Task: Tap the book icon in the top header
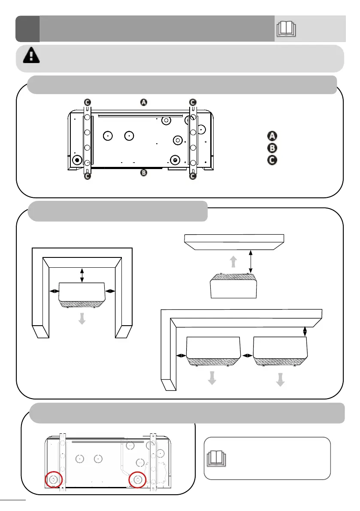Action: coord(287,29)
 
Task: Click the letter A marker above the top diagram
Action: coord(144,102)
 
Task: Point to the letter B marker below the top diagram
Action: coord(144,173)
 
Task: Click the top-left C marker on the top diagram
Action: coord(87,102)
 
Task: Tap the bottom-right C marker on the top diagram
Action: coord(193,176)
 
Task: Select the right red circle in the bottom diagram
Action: coord(138,479)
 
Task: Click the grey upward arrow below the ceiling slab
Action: coord(233,262)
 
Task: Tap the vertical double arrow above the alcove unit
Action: coord(82,275)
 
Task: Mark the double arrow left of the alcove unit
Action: coord(55,291)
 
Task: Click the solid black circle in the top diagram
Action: coord(77,160)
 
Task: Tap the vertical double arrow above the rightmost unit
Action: coord(305,331)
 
